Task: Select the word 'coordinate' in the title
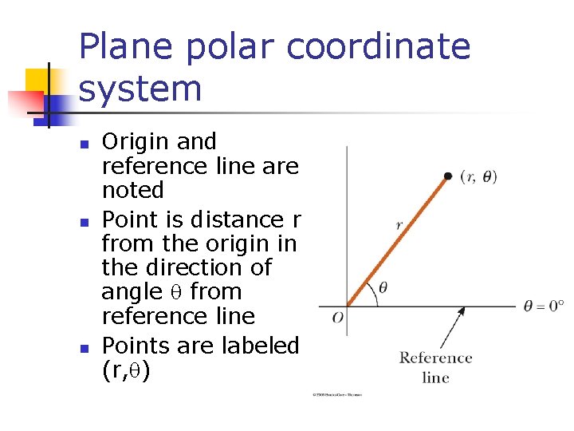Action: (378, 47)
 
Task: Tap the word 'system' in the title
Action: (140, 89)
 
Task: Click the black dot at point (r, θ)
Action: (448, 176)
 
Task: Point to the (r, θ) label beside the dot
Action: (478, 177)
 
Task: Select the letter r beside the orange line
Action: (399, 225)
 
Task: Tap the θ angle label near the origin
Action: (383, 287)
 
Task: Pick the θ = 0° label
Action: (544, 306)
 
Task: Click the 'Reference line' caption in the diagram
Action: (435, 367)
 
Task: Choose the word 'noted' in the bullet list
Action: (132, 191)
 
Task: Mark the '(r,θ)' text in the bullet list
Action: (126, 370)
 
